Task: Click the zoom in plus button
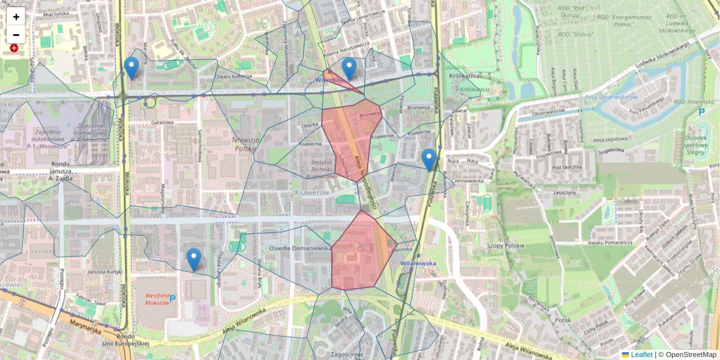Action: pos(16,17)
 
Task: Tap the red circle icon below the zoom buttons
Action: pos(14,47)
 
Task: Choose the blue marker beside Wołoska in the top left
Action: pos(131,68)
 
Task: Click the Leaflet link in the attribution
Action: pos(641,355)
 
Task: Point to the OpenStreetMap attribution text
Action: pos(691,355)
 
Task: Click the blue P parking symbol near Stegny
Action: pos(701,112)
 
